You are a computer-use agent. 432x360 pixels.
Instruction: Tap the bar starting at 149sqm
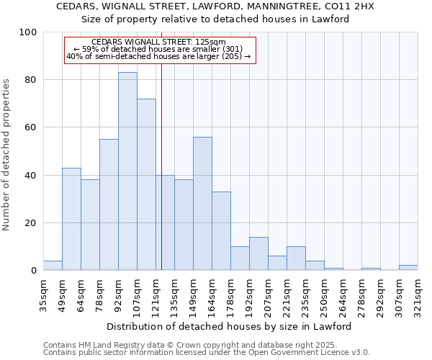tap(202, 204)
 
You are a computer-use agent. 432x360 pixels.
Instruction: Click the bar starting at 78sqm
tap(109, 204)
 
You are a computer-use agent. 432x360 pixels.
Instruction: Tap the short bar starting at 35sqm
tap(53, 266)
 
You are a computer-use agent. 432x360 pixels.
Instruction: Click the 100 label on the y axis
tap(28, 32)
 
